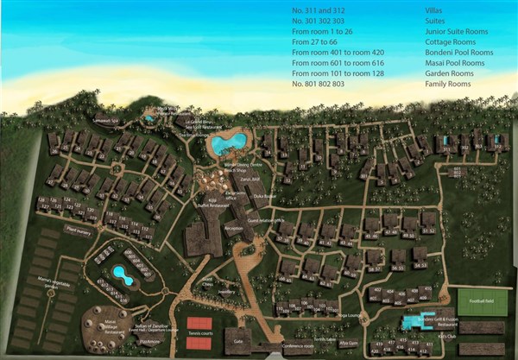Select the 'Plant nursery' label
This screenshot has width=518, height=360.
[79, 231]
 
